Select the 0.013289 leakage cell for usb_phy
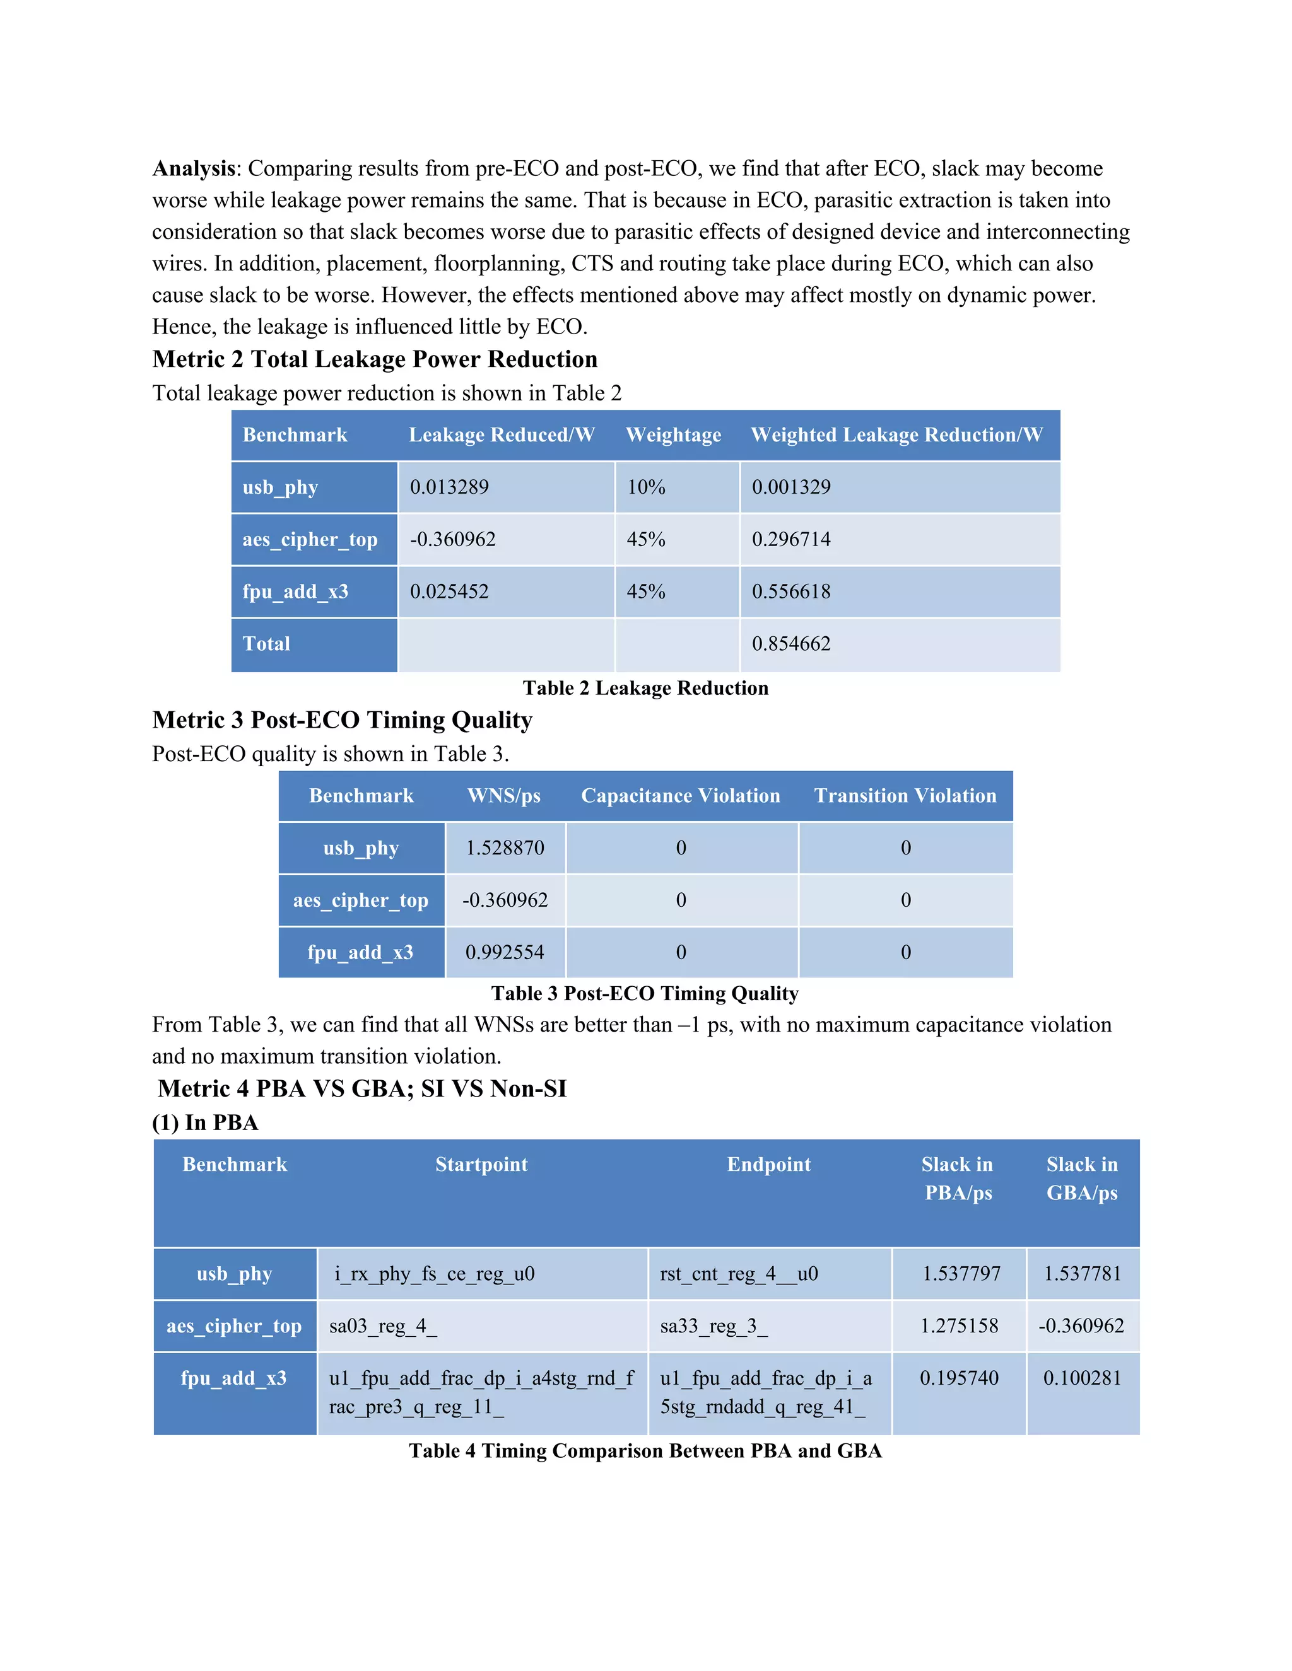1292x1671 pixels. (x=449, y=487)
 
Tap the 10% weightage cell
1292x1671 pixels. (x=646, y=487)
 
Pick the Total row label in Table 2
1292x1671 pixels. (x=266, y=643)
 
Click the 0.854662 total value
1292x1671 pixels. (x=790, y=643)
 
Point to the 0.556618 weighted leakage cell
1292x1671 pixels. (x=790, y=591)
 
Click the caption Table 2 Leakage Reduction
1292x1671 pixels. (x=645, y=688)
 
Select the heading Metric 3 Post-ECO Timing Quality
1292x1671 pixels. (x=342, y=720)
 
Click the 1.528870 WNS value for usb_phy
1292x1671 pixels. (x=505, y=847)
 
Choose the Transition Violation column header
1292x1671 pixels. (x=905, y=796)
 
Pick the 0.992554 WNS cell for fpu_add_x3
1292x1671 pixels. (x=505, y=953)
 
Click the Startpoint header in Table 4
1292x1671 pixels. (x=481, y=1165)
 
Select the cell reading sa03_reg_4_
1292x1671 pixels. (x=383, y=1326)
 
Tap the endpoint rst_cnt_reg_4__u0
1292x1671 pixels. (x=739, y=1274)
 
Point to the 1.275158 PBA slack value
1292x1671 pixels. (x=959, y=1326)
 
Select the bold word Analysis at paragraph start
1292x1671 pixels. (x=194, y=168)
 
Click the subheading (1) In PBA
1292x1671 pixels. (x=205, y=1122)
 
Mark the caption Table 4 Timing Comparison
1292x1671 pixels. (x=645, y=1452)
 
